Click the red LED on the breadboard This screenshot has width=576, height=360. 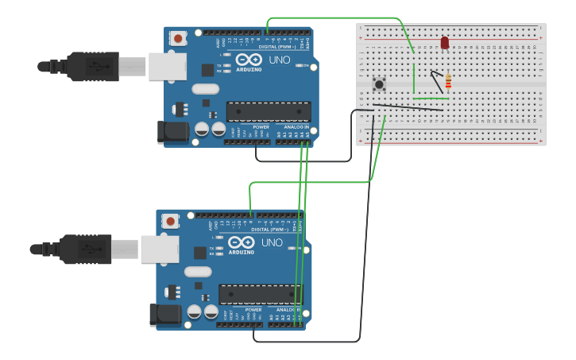[444, 42]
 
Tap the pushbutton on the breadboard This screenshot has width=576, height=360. [379, 83]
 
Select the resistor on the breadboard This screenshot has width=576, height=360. [448, 80]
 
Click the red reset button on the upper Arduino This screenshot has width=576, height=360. [178, 38]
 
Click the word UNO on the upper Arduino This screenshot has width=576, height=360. [280, 60]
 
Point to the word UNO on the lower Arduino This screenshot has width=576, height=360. [272, 242]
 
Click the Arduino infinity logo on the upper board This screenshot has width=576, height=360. [249, 60]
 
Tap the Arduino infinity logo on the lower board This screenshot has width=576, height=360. [241, 242]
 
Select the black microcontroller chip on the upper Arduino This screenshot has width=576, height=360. [269, 111]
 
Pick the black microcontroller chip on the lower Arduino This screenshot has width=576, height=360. [261, 294]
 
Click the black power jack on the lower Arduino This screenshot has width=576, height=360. [165, 315]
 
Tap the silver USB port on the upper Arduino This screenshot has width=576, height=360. [167, 66]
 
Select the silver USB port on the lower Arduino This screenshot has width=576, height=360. [160, 249]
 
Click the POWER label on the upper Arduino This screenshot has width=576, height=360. [261, 127]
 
